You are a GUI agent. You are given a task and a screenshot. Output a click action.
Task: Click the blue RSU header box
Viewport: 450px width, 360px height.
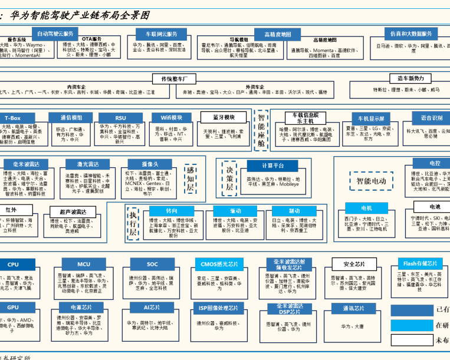tap(120, 118)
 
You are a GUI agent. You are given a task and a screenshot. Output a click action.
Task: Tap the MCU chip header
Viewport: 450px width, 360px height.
tap(84, 265)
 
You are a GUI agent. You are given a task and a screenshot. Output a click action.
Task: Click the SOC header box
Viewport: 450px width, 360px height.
tap(152, 264)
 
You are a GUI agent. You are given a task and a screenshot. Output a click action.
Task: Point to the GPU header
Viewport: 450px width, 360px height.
tap(13, 307)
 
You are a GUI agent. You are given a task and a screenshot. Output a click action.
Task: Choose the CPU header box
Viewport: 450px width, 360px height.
tap(13, 265)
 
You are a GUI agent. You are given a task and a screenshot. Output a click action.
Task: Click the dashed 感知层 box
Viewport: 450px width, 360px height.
tap(190, 179)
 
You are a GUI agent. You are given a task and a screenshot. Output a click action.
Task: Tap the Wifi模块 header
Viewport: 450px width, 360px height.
tap(172, 117)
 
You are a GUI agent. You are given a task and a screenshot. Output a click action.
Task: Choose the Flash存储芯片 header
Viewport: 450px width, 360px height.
tap(420, 263)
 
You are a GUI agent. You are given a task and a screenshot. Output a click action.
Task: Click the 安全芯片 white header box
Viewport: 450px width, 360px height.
tap(354, 264)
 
